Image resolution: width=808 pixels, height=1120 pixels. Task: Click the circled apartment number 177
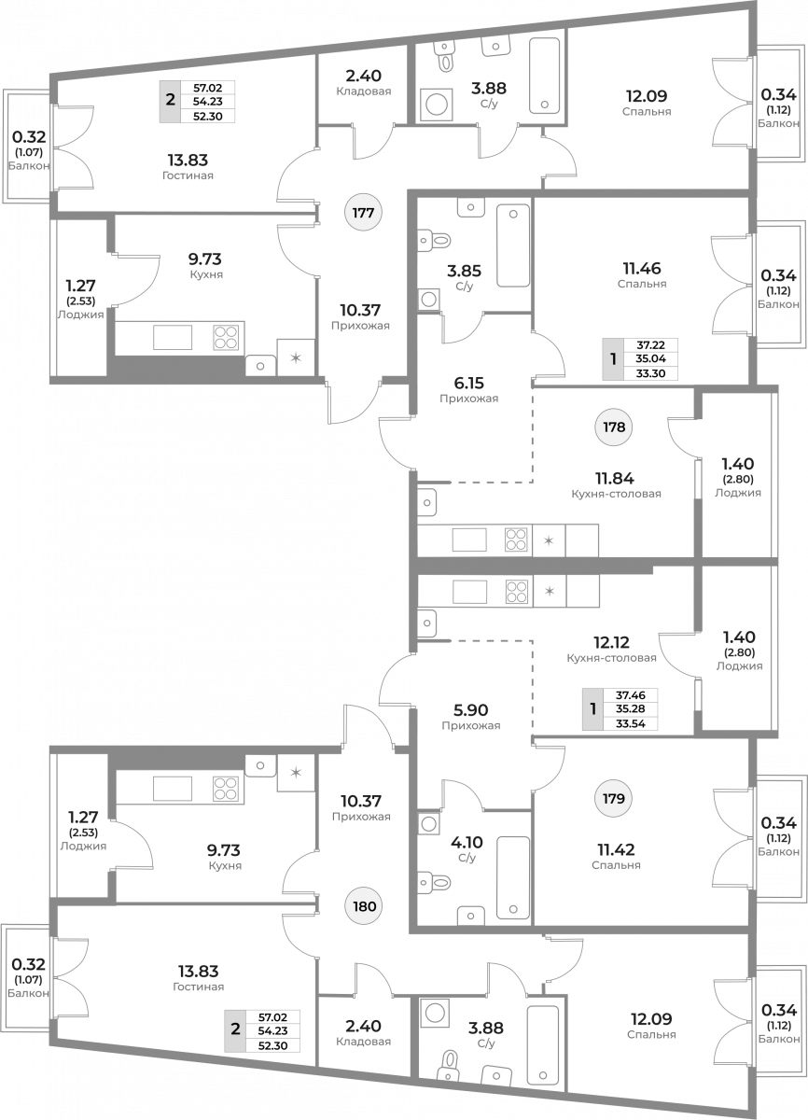click(x=363, y=213)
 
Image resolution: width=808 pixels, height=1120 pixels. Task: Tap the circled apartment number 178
click(x=614, y=427)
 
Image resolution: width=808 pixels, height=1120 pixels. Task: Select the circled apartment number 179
click(x=614, y=799)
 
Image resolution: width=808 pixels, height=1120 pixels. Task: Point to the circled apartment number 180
click(x=364, y=906)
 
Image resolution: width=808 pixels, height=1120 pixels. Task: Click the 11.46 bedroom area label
click(x=642, y=269)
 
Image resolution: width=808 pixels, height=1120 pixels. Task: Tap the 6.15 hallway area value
click(x=468, y=383)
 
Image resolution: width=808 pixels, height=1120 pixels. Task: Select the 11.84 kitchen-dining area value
click(x=615, y=479)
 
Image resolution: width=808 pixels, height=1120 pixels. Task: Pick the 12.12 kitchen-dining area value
click(x=611, y=642)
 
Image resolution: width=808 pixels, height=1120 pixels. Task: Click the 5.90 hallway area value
click(x=470, y=710)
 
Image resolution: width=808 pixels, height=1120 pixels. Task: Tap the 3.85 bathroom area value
click(x=465, y=271)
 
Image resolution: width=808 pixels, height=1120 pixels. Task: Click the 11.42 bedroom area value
click(x=616, y=849)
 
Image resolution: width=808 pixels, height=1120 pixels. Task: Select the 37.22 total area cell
click(x=650, y=345)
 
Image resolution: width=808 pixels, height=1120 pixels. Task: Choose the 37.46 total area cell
click(x=631, y=695)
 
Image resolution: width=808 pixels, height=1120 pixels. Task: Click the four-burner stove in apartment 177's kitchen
click(x=226, y=337)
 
